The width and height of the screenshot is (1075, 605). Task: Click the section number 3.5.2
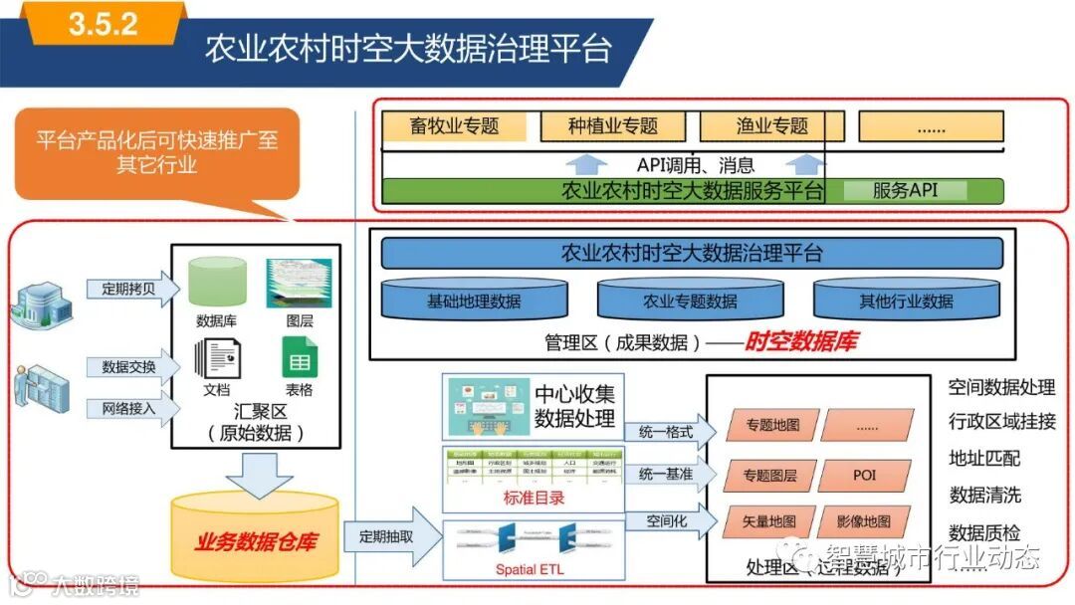click(103, 24)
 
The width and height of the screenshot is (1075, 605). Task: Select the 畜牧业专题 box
click(454, 126)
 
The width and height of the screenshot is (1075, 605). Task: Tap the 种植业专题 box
click(613, 126)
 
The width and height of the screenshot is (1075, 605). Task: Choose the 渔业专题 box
click(772, 126)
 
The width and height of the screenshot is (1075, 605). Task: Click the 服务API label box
click(905, 190)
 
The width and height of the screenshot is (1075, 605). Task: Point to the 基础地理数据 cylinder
click(474, 301)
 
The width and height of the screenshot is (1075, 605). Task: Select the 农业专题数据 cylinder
click(690, 301)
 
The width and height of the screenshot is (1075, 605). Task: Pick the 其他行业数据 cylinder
click(906, 301)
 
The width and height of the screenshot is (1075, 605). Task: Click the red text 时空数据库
click(801, 342)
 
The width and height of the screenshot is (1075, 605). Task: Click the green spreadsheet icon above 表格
click(299, 357)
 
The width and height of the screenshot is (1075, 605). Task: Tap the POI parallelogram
click(864, 475)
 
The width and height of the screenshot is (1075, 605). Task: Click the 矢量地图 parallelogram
click(769, 520)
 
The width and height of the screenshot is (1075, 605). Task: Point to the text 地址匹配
click(984, 458)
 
